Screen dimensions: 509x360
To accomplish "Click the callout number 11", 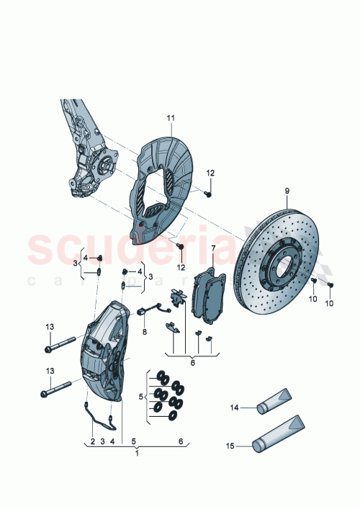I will coord(171,117).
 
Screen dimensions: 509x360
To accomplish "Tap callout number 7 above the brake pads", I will coord(213,248).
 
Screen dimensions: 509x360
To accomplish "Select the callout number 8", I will coord(144,332).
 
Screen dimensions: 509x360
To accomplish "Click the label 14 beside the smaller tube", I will coord(233,408).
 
